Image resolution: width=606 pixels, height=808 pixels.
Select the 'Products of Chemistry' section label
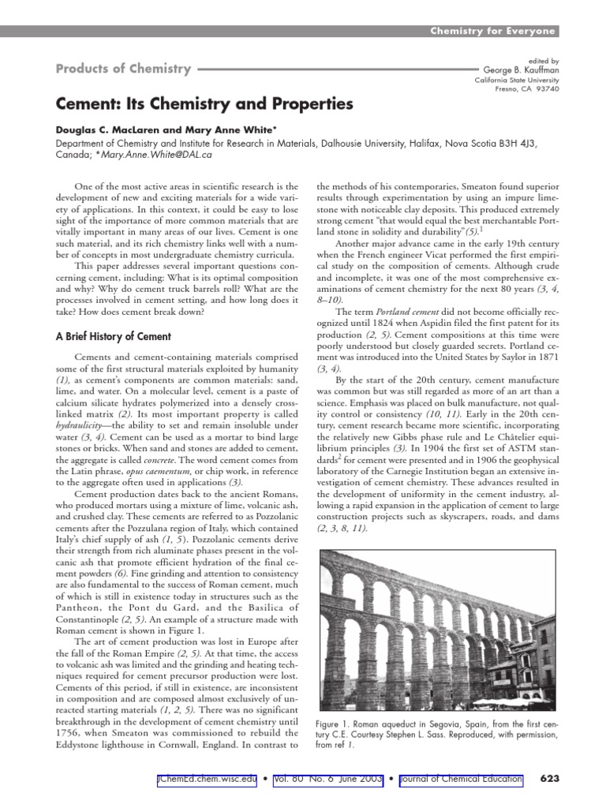tap(123, 69)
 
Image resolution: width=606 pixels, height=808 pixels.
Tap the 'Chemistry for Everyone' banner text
tap(493, 31)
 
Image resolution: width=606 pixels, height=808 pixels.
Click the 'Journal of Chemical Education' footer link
tap(461, 780)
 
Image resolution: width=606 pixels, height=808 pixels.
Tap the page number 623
tap(549, 780)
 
